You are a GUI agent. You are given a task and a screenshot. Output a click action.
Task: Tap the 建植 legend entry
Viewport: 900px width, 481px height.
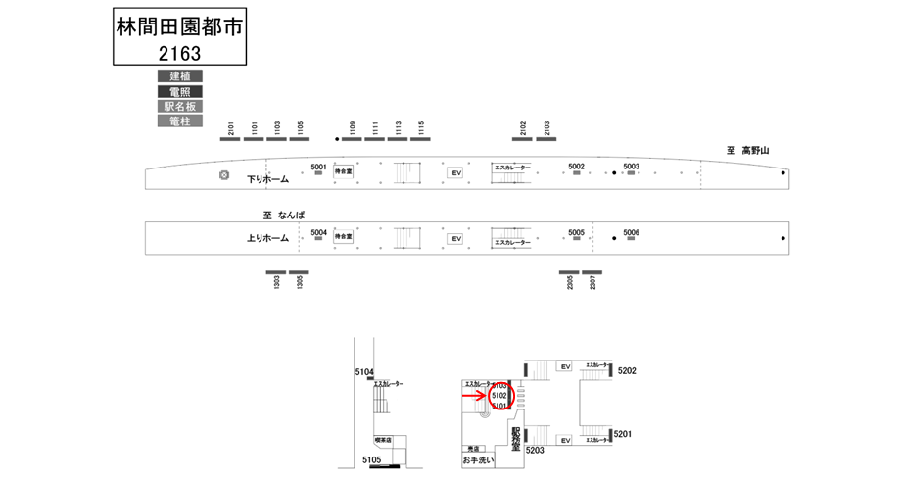pyautogui.click(x=180, y=76)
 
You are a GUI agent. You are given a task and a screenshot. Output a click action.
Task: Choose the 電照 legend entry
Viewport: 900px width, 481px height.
pyautogui.click(x=180, y=91)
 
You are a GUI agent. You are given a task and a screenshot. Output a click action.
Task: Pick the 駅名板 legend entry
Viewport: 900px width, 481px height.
pyautogui.click(x=180, y=106)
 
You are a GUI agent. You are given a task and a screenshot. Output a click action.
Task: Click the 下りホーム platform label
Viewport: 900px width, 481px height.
pyautogui.click(x=267, y=179)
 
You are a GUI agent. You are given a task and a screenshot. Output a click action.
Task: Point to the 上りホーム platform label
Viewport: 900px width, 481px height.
pyautogui.click(x=267, y=238)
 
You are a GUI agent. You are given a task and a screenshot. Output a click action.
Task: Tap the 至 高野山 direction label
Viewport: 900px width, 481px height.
pyautogui.click(x=748, y=151)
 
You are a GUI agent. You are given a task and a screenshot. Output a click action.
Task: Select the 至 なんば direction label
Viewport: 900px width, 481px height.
pyautogui.click(x=284, y=216)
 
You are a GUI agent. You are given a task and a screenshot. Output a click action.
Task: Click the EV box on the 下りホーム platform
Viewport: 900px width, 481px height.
pyautogui.click(x=454, y=173)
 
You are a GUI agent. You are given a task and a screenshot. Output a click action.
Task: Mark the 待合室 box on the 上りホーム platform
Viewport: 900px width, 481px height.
pyautogui.click(x=343, y=237)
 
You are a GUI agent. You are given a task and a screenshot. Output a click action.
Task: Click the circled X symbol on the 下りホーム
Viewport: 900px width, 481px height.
pyautogui.click(x=224, y=175)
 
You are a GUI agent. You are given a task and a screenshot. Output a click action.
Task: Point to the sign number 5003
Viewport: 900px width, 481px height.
pyautogui.click(x=631, y=167)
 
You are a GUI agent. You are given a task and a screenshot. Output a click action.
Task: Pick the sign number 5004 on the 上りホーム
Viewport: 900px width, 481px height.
pyautogui.click(x=319, y=232)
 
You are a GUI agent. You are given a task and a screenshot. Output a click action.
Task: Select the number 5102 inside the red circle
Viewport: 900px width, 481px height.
pyautogui.click(x=498, y=396)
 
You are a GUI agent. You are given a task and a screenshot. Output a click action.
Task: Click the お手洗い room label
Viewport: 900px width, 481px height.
pyautogui.click(x=481, y=459)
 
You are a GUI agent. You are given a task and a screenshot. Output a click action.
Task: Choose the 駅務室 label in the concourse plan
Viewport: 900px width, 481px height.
pyautogui.click(x=516, y=435)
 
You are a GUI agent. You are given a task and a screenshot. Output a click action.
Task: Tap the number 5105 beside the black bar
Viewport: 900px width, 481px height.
pyautogui.click(x=371, y=459)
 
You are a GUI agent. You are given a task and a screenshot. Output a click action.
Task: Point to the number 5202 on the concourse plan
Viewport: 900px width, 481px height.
pyautogui.click(x=628, y=371)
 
